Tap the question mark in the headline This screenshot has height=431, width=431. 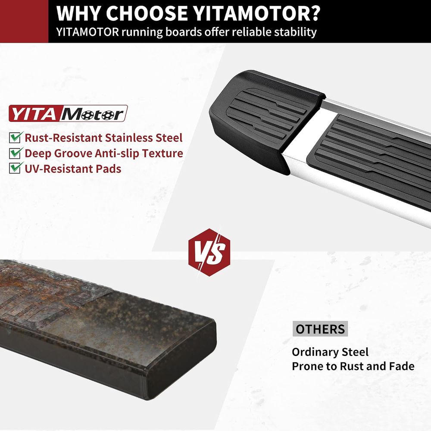pyautogui.click(x=313, y=13)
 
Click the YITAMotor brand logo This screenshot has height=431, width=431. pyautogui.click(x=68, y=113)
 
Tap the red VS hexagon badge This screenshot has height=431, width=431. pyautogui.click(x=209, y=252)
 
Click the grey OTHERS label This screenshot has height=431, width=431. pyautogui.click(x=320, y=329)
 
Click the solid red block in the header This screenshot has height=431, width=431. pyautogui.click(x=24, y=21)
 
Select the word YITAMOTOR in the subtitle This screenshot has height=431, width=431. pyautogui.click(x=87, y=32)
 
